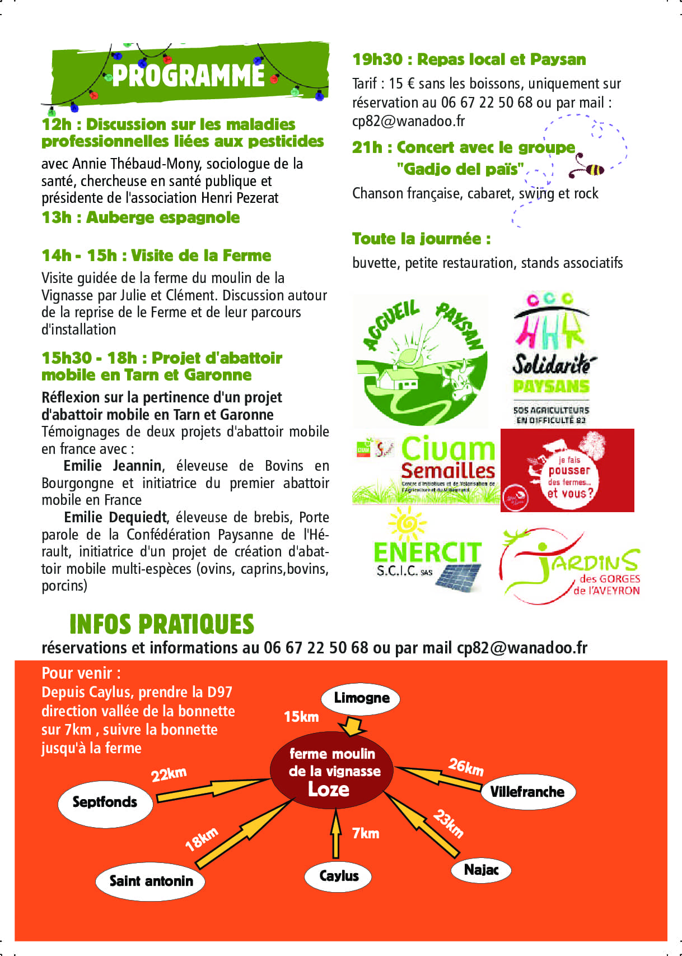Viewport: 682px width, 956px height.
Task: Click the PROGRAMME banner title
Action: click(188, 76)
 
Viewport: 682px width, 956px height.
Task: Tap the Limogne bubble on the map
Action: click(361, 698)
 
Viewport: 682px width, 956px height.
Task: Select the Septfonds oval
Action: click(105, 802)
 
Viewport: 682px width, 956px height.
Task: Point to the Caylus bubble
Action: click(338, 876)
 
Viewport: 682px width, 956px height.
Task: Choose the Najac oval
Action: click(481, 870)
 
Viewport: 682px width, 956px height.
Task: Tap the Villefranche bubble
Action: click(527, 792)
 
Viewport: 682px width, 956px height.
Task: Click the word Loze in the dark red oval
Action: click(329, 790)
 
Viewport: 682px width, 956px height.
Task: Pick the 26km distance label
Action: click(466, 766)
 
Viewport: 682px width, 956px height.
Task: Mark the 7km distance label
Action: click(366, 833)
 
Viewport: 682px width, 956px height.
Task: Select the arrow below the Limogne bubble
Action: click(353, 726)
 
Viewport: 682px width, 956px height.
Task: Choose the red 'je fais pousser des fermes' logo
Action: click(567, 470)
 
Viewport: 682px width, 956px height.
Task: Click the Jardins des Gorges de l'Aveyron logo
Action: click(569, 566)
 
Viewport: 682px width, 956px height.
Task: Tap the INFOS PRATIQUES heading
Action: click(162, 624)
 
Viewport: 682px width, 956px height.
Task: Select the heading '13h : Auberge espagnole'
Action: click(141, 217)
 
